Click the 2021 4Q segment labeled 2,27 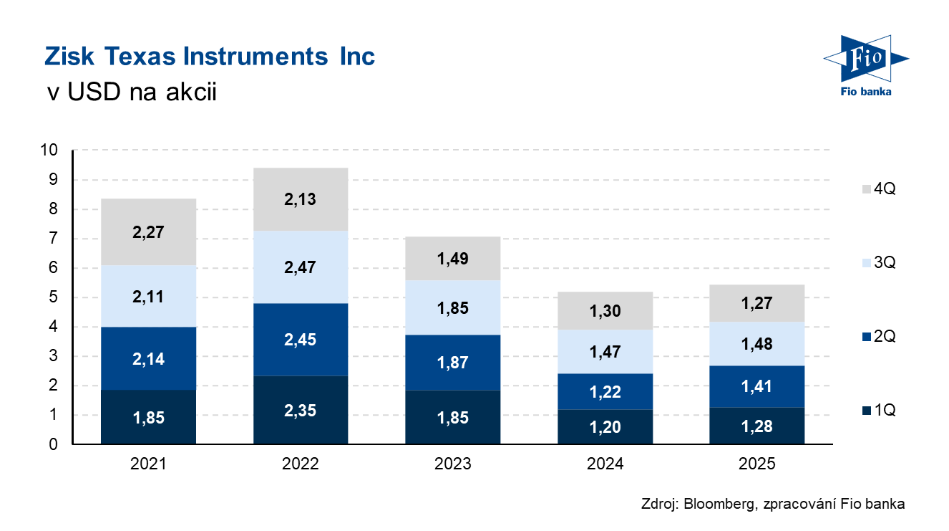148,232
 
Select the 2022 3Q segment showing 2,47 300,267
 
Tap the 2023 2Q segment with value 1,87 452,362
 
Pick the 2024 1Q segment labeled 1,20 605,427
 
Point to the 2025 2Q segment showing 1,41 757,386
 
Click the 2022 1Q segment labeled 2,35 300,411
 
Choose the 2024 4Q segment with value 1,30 605,311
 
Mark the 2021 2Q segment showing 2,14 148,358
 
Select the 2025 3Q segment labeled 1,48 757,344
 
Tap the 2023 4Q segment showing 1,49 452,259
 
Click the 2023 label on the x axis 452,464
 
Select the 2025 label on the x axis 757,464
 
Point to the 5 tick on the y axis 53,297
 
